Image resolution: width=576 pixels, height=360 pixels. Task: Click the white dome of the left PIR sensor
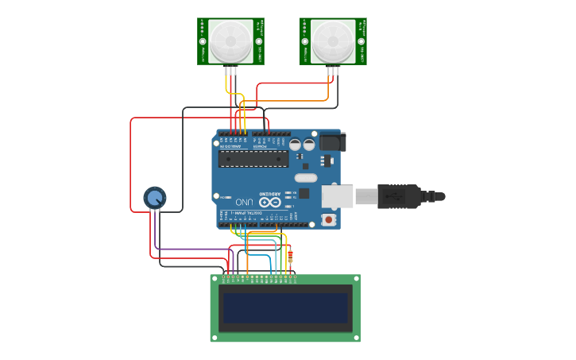[x=231, y=41]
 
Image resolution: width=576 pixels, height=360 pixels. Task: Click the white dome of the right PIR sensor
[x=334, y=41]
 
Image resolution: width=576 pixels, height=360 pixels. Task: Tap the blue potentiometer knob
[x=154, y=197]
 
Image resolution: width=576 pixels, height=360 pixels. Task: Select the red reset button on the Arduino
[x=328, y=219]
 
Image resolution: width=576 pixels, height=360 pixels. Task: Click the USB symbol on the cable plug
[x=391, y=195]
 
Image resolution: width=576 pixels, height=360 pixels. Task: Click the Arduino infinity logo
[x=269, y=202]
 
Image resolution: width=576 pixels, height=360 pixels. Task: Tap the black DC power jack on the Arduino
[x=333, y=142]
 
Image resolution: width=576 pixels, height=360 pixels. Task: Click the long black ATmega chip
[x=253, y=159]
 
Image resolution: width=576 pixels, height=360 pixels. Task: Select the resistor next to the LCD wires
[x=290, y=257]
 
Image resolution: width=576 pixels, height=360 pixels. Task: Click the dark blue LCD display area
[x=285, y=308]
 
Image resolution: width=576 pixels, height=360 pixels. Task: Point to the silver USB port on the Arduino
[x=338, y=195]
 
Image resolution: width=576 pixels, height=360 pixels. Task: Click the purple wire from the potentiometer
[x=191, y=250]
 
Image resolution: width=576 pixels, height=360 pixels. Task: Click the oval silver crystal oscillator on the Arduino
[x=306, y=178]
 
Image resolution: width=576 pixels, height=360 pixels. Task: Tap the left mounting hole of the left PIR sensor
[x=203, y=41]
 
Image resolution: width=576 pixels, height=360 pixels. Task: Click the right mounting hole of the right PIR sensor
[x=362, y=41]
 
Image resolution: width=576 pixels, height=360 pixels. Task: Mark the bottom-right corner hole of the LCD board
[x=356, y=337]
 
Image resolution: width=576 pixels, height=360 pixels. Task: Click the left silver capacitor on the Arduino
[x=295, y=145]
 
